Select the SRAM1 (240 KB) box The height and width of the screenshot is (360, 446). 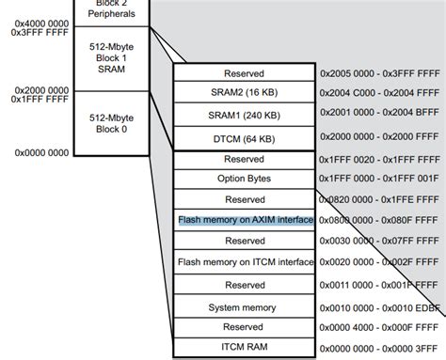[244, 116]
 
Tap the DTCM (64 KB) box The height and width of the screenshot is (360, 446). [244, 137]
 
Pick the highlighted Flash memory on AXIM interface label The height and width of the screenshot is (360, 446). [244, 220]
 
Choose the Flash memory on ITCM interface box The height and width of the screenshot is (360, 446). [244, 262]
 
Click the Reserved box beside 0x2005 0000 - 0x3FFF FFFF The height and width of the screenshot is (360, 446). [244, 73]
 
